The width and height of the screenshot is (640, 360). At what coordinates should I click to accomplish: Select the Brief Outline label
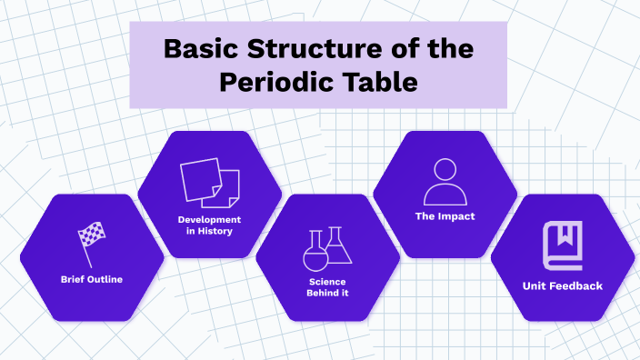[92, 279]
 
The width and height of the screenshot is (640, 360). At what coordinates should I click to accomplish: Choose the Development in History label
[209, 225]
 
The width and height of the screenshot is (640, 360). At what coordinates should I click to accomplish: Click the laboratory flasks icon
[326, 248]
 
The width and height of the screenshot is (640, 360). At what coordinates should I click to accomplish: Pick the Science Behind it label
[326, 287]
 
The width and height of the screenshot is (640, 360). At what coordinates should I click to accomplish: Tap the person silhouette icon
[445, 182]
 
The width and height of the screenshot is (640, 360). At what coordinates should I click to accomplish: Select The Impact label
[445, 216]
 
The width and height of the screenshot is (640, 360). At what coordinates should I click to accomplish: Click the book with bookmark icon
[562, 245]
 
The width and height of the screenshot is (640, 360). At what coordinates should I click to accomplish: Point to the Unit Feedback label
[562, 285]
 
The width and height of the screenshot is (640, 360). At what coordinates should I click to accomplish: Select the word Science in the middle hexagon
[326, 282]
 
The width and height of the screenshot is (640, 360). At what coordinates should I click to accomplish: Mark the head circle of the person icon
[445, 170]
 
